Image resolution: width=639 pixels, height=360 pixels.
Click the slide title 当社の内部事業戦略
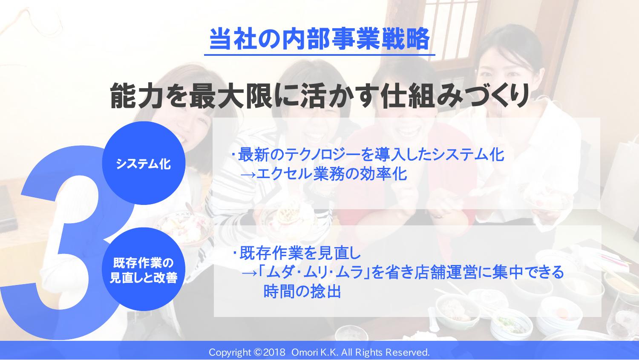tap(319, 39)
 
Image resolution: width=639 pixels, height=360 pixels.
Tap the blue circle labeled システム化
tap(144, 163)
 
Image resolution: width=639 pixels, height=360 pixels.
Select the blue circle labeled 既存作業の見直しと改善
tap(144, 269)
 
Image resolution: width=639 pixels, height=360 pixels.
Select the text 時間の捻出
tap(302, 291)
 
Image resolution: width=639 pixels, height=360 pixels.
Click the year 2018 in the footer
tap(274, 353)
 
